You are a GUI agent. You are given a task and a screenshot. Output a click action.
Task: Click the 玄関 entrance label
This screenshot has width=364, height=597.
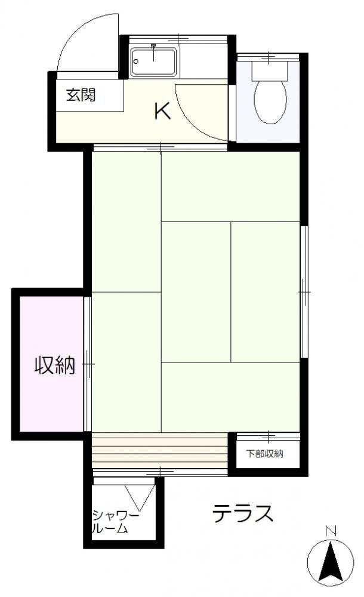[81, 95]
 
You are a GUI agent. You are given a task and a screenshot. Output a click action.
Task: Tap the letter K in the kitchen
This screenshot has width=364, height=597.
[162, 111]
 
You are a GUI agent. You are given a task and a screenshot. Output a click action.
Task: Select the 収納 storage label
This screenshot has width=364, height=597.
[55, 365]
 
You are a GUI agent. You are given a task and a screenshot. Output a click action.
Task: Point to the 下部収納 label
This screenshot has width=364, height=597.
[264, 454]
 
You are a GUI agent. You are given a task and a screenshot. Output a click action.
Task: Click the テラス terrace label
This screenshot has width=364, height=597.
[242, 513]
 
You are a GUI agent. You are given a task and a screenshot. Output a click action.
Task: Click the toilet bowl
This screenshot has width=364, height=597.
[270, 101]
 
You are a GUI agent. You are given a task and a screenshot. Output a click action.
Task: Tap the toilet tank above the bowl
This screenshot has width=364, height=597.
[270, 70]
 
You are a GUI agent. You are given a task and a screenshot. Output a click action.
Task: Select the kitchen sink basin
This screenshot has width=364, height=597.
[153, 61]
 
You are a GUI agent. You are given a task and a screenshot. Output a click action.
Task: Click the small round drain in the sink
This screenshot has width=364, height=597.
[136, 61]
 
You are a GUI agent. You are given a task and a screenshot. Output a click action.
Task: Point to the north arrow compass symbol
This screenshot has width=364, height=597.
[331, 562]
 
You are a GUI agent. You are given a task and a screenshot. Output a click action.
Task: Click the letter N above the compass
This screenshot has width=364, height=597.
[331, 530]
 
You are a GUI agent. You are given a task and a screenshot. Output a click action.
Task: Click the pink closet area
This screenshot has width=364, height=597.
[51, 364]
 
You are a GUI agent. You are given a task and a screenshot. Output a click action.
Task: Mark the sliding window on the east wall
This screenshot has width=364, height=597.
[304, 292]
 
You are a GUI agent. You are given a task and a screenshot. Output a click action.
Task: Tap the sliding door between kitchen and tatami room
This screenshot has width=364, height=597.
[161, 147]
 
